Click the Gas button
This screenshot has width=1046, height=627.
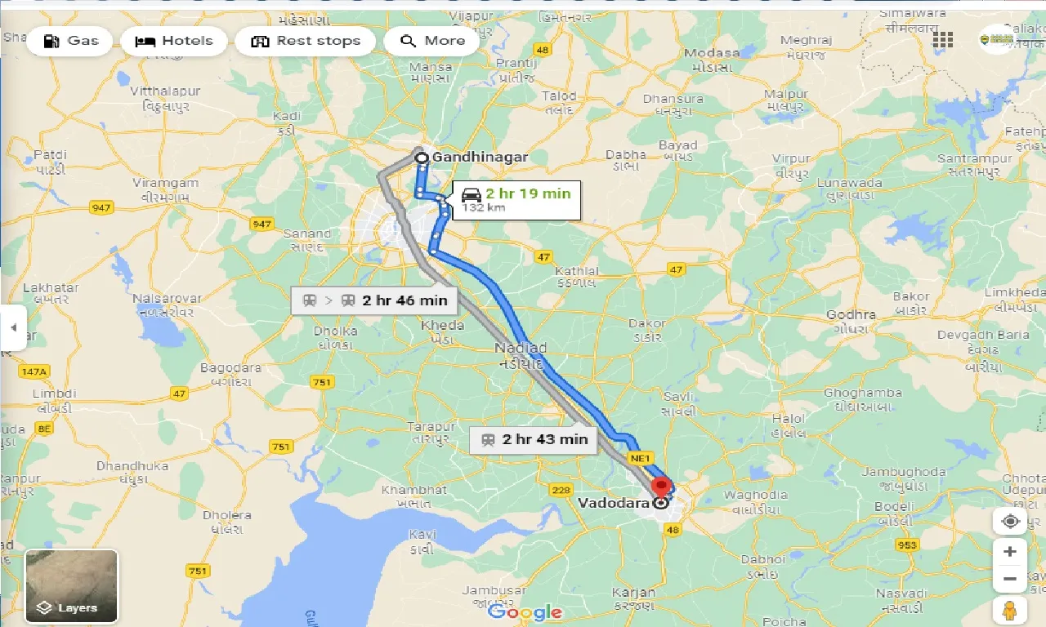coord(69,41)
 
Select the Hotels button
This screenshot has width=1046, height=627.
coord(174,41)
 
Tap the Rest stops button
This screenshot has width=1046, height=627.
coord(305,41)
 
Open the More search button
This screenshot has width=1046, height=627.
coord(431,41)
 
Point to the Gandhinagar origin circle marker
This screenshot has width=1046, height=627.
coord(422,158)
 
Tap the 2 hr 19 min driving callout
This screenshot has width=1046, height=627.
coord(516,200)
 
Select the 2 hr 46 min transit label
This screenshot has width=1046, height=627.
coord(375,300)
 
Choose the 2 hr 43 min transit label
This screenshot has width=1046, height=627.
coord(534,439)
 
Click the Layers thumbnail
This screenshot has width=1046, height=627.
coord(72,585)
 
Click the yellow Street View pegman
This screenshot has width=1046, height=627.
coord(1009,609)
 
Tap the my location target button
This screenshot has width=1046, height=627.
coord(1009,521)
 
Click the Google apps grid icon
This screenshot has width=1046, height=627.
coord(943,40)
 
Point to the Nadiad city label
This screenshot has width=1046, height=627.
coord(521,349)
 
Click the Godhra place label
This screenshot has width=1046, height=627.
coord(851,314)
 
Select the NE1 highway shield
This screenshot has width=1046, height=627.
coord(639,459)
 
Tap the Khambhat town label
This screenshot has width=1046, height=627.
coord(414,490)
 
